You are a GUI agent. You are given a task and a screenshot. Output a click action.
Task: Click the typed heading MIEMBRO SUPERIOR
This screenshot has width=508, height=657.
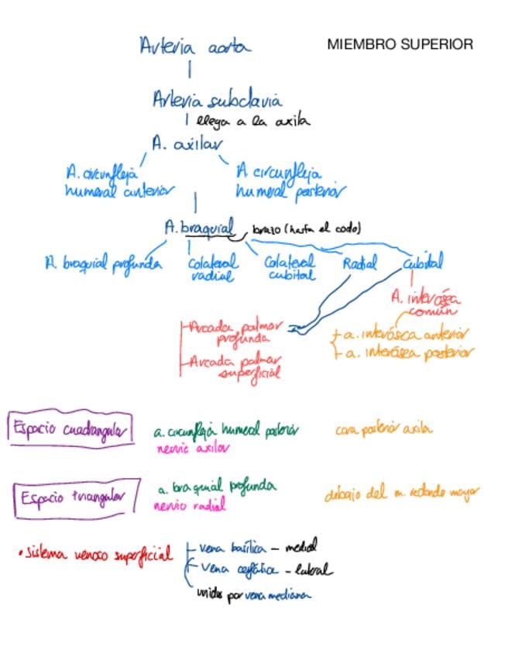(400, 45)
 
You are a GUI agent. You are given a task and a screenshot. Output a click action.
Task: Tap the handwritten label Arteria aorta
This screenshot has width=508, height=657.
(195, 46)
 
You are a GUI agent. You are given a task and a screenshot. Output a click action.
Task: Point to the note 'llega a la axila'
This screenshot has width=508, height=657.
(252, 121)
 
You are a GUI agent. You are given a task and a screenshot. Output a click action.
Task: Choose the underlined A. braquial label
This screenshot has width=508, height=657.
(198, 228)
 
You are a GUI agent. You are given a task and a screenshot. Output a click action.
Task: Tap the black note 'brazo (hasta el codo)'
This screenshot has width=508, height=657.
(306, 229)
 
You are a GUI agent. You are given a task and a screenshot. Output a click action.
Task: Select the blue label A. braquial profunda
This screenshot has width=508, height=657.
(103, 263)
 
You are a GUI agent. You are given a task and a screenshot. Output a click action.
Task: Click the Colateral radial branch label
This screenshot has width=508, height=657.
(213, 268)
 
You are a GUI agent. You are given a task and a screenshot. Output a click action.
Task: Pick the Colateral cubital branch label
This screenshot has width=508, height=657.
(290, 268)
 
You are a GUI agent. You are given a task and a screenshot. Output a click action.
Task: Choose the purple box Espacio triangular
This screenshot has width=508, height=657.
(76, 497)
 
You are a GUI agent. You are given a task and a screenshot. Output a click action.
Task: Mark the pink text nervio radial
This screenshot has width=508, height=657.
(190, 506)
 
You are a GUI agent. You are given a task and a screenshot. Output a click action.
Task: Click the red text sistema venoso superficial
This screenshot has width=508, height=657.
(96, 554)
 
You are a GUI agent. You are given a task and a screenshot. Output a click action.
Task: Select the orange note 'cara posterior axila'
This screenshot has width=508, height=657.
(384, 428)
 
